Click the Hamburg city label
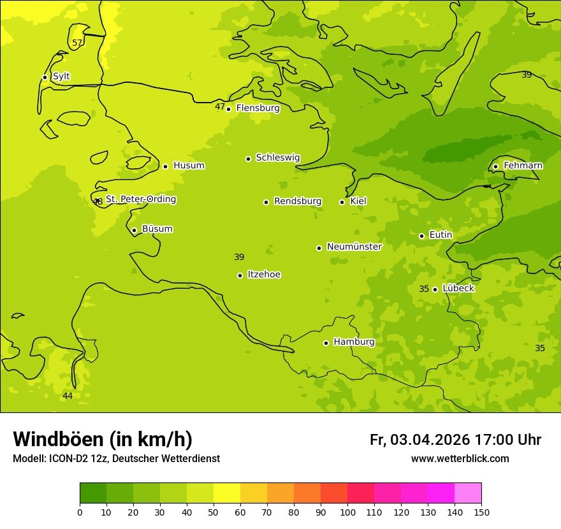(354, 342)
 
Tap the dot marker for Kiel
(342, 202)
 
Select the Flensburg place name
(258, 108)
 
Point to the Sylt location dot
(45, 77)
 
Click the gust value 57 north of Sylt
(77, 43)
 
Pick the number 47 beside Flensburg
(219, 107)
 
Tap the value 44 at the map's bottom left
(68, 396)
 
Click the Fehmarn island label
(523, 166)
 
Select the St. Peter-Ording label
(141, 199)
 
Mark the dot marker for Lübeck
(435, 289)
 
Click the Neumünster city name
(354, 247)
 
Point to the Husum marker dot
(165, 166)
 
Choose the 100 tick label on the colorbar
(347, 512)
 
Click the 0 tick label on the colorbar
(80, 512)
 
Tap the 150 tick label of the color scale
(481, 512)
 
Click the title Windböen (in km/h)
(103, 439)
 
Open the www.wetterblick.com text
(460, 459)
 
